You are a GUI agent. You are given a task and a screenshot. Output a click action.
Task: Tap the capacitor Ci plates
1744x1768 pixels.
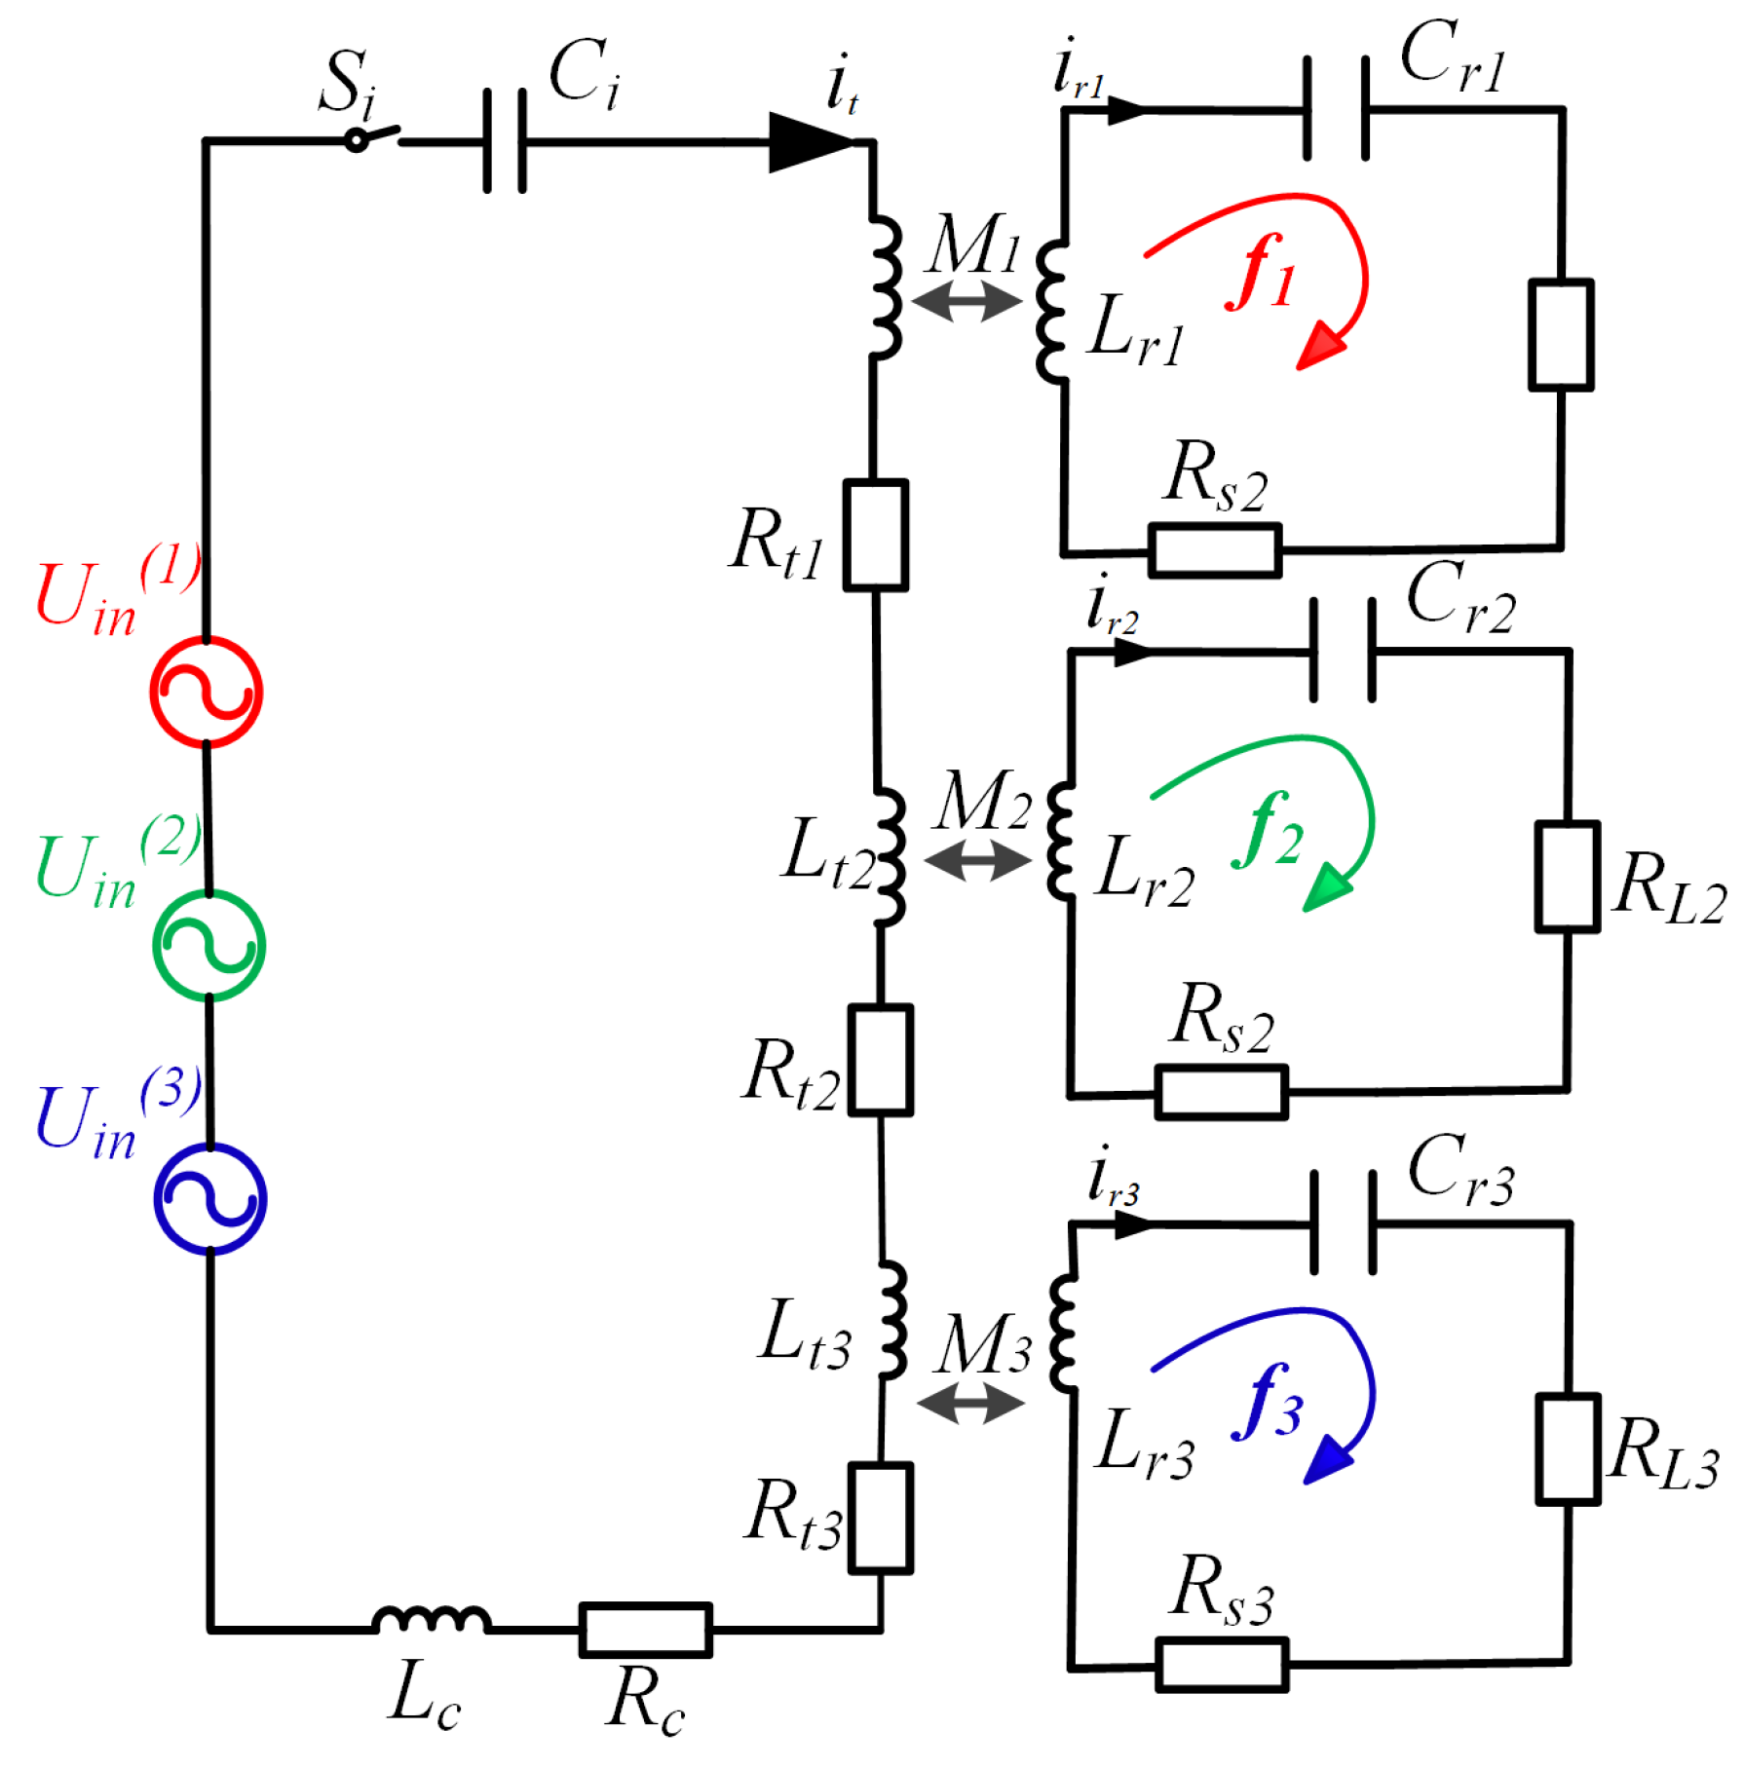(505, 141)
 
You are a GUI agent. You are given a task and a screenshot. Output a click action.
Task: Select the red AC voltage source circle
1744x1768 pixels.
(207, 693)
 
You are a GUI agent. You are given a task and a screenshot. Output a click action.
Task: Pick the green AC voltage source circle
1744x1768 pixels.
(209, 945)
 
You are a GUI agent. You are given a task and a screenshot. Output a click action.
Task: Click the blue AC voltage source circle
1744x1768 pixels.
(210, 1198)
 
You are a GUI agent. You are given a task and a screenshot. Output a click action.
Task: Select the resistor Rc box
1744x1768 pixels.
(645, 1630)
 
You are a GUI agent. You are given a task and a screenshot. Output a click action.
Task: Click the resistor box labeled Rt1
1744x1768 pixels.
(875, 535)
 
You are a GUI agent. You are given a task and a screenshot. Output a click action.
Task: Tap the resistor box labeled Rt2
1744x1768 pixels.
(880, 1060)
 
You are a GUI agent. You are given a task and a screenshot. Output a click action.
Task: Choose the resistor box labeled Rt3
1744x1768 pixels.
(880, 1518)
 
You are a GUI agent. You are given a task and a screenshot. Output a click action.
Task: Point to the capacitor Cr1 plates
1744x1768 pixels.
(1336, 108)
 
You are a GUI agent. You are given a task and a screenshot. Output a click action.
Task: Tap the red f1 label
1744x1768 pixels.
(1262, 275)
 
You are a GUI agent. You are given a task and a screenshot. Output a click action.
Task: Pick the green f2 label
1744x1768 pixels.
(1267, 831)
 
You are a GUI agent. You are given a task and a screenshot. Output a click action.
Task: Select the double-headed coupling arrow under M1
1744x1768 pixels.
(967, 301)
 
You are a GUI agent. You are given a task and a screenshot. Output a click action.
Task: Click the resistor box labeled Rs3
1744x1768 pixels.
(1222, 1665)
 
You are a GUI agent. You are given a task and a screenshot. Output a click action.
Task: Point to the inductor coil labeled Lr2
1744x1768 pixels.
(1061, 841)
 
